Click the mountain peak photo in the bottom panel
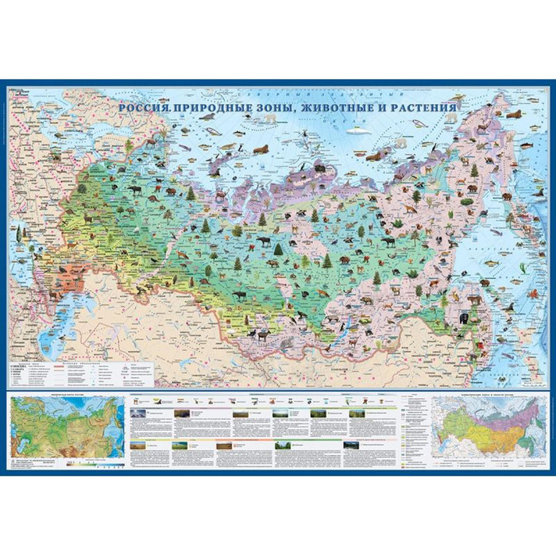(x=139, y=413)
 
